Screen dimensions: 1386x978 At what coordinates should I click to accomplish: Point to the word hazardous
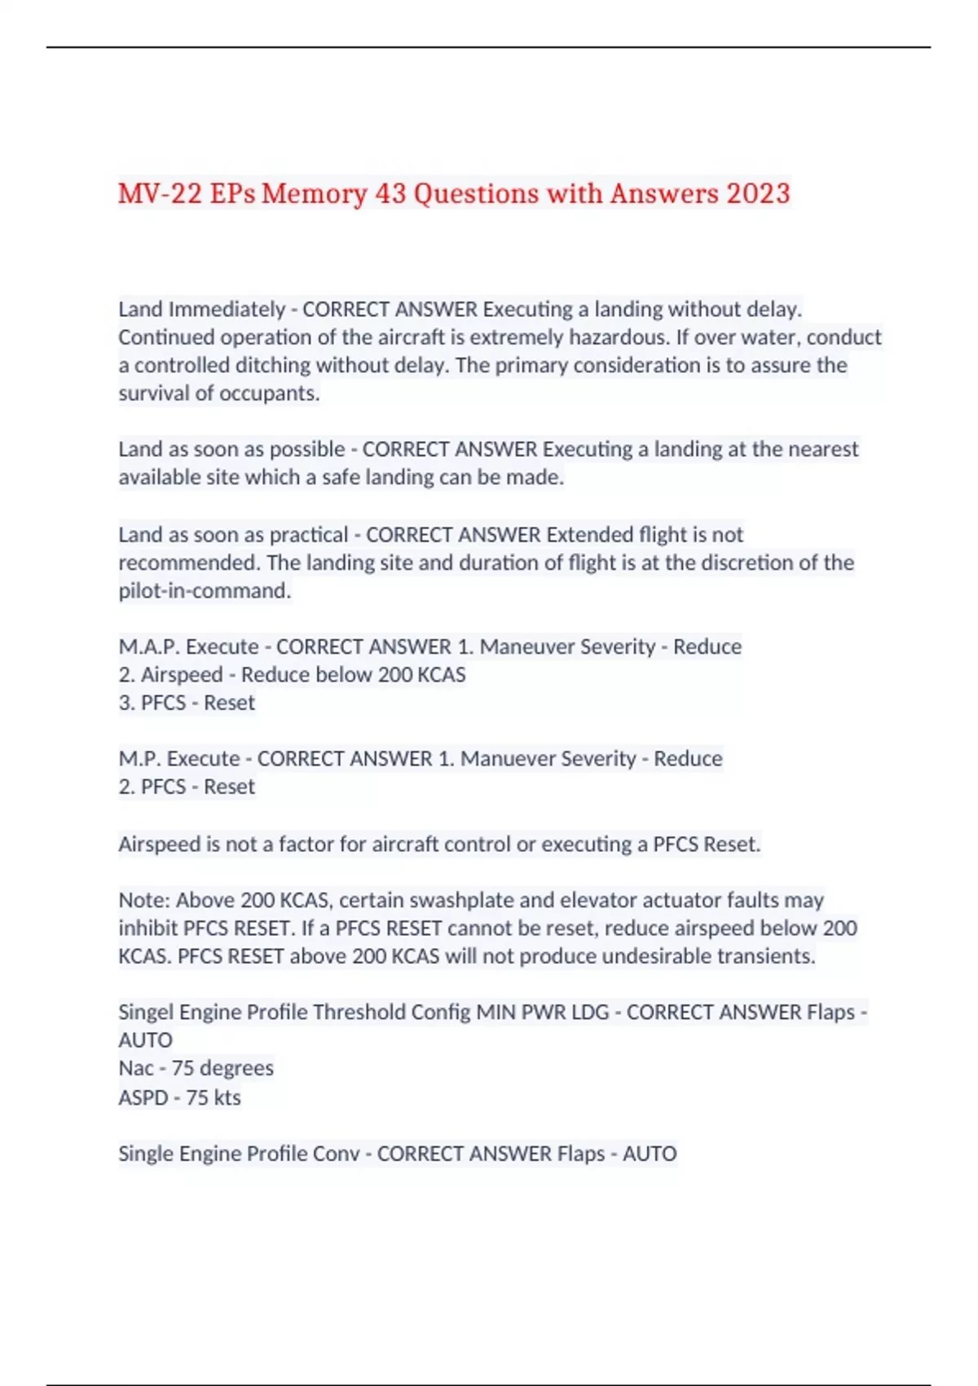pos(617,338)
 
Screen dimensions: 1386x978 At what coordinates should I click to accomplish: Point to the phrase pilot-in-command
pos(204,590)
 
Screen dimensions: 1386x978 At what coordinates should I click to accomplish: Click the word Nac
pos(135,1068)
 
